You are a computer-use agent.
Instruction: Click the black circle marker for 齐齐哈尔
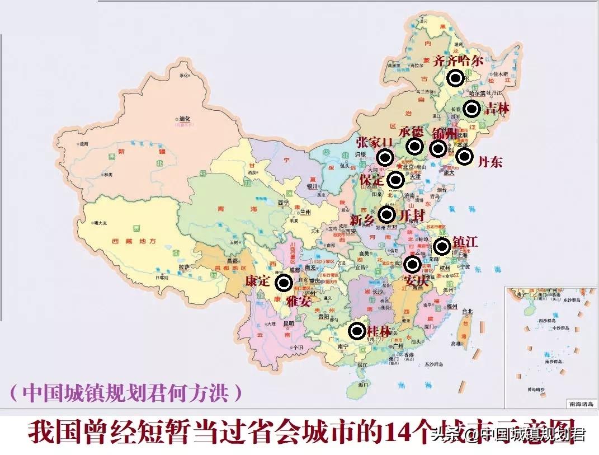(x=456, y=78)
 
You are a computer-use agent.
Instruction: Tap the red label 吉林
(x=497, y=108)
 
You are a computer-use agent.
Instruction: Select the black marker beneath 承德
(x=414, y=147)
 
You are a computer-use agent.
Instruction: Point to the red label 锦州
(x=445, y=133)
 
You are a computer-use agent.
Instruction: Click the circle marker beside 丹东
(x=464, y=156)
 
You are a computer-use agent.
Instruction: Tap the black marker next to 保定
(x=396, y=180)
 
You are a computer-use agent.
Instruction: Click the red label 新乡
(x=362, y=219)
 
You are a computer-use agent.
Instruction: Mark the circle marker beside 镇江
(x=442, y=246)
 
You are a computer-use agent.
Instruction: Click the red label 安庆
(x=417, y=280)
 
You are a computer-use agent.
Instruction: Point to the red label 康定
(x=258, y=281)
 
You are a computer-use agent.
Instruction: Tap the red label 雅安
(x=299, y=301)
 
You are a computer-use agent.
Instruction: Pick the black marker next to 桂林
(x=357, y=331)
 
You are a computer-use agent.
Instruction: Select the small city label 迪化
(x=185, y=119)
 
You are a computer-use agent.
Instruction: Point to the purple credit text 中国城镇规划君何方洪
(x=126, y=392)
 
